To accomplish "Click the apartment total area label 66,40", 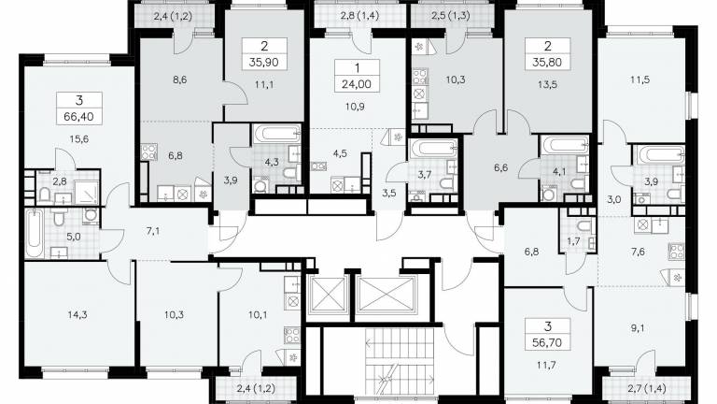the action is (79, 117).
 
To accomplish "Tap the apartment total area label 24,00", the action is (357, 84).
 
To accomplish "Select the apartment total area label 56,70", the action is (548, 342).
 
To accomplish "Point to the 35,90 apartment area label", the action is (264, 63).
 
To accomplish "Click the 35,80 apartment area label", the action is (547, 63).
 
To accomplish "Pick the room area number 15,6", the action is (79, 138).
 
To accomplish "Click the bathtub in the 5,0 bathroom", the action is (35, 234).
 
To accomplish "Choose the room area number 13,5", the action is (547, 84).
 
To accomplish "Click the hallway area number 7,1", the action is (153, 231).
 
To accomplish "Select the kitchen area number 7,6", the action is (637, 251).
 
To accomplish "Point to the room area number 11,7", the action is (548, 365).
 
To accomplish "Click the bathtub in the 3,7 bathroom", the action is (433, 149).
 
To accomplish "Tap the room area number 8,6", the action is (180, 79).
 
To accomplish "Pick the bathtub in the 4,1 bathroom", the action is (563, 144).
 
